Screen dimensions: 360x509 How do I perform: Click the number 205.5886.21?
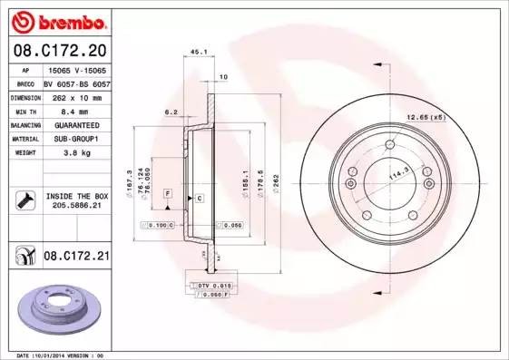coord(75,206)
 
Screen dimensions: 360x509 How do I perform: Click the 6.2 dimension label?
coord(170,112)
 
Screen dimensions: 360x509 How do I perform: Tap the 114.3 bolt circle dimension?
coord(397,173)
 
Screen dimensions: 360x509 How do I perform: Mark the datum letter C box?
coord(199,197)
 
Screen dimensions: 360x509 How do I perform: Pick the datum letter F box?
coord(168,194)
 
